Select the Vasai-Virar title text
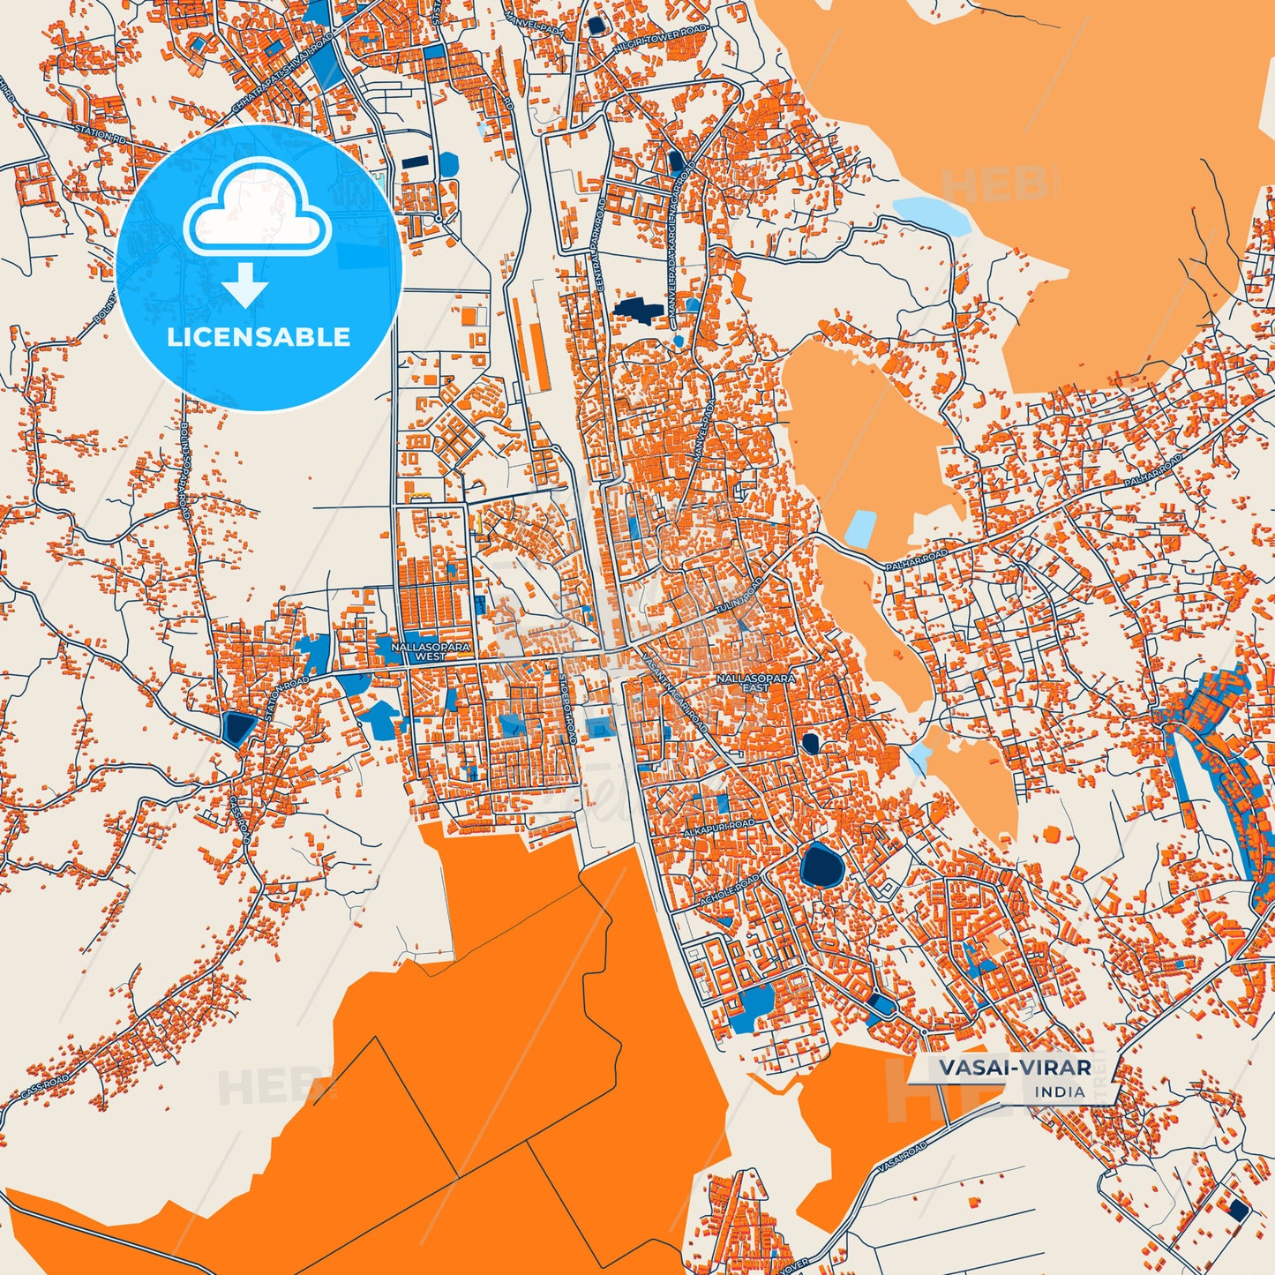(x=1014, y=1068)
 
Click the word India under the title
(x=1060, y=1091)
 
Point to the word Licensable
(x=259, y=336)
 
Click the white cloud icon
(x=258, y=208)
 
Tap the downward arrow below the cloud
(x=245, y=284)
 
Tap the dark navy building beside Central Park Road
(x=637, y=309)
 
